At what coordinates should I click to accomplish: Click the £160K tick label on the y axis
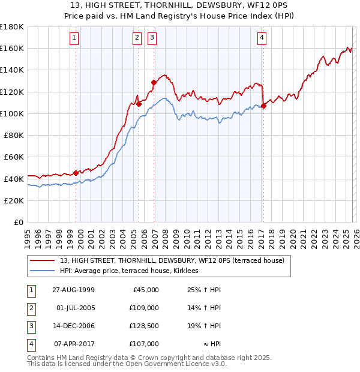pyautogui.click(x=12, y=48)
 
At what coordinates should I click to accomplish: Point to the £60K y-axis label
pyautogui.click(x=14, y=157)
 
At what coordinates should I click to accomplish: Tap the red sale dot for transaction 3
pyautogui.click(x=154, y=82)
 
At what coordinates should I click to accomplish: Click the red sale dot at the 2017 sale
pyautogui.click(x=263, y=106)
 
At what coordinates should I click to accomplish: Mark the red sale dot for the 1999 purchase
pyautogui.click(x=76, y=173)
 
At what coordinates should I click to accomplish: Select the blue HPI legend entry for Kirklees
pyautogui.click(x=133, y=271)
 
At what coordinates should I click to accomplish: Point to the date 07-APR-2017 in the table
pyautogui.click(x=72, y=344)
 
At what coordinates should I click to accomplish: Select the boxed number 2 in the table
pyautogui.click(x=30, y=308)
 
